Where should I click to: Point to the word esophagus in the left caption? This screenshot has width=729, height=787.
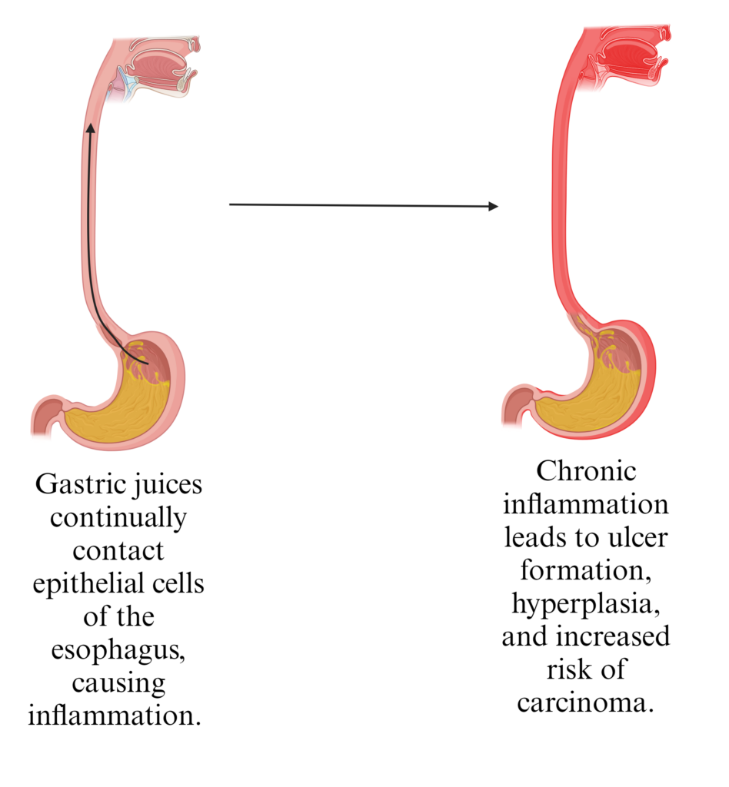[x=118, y=650]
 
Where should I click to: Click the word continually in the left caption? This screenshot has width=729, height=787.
[x=118, y=519]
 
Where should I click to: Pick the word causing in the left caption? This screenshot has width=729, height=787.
[x=118, y=682]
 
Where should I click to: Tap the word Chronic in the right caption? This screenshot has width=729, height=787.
[x=587, y=471]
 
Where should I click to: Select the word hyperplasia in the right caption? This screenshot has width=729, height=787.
[x=587, y=603]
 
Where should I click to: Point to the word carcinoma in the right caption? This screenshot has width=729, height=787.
[x=587, y=702]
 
